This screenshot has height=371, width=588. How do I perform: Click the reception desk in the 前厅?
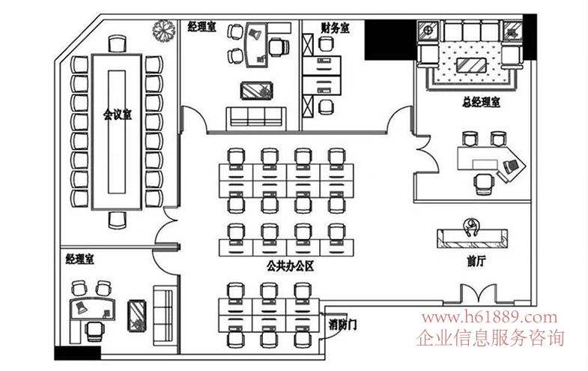[x=473, y=238]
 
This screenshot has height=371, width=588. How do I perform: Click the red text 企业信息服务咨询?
[x=492, y=338]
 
